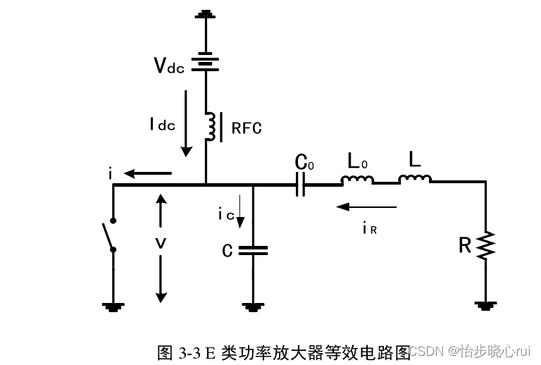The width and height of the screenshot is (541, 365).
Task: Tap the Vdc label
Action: [x=169, y=66]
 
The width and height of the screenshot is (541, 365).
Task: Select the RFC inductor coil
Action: [x=209, y=126]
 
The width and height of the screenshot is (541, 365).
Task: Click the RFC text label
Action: [x=246, y=128]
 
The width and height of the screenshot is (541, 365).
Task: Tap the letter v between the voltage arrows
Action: [x=161, y=243]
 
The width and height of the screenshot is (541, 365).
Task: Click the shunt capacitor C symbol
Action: [x=252, y=249]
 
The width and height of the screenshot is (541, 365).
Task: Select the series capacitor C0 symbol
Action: [x=300, y=185]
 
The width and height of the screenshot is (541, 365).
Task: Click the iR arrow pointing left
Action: [x=366, y=207]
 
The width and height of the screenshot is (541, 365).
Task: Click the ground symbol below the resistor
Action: [x=485, y=305]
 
